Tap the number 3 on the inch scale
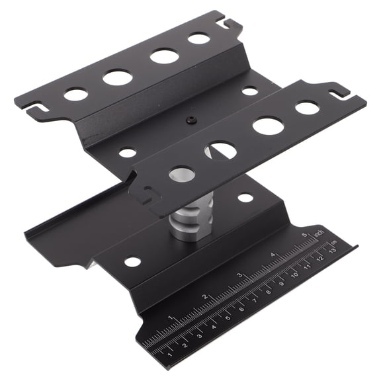point(239,276)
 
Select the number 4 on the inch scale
point(273,254)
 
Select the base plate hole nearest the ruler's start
point(133,261)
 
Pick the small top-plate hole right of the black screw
point(249,91)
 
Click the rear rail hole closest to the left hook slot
point(76,94)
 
